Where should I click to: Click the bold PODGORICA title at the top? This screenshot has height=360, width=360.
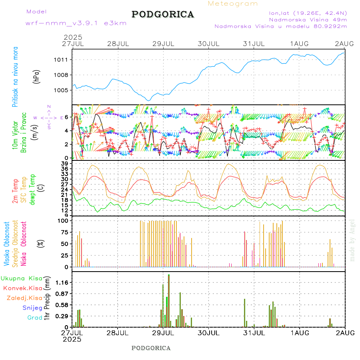[163, 14]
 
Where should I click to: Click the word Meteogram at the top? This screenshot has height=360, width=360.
[233, 4]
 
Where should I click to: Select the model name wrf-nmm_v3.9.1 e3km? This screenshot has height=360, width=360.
[76, 23]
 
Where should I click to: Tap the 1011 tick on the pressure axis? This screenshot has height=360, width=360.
[64, 60]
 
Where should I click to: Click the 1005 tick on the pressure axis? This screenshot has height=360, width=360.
[64, 90]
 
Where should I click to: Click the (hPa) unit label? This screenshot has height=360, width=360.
[36, 76]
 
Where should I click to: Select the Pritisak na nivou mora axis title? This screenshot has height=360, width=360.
[15, 76]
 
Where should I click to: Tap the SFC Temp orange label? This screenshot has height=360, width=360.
[23, 189]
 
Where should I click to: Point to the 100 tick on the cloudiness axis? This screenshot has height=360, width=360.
[64, 220]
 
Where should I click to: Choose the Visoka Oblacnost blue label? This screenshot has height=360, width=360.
[7, 243]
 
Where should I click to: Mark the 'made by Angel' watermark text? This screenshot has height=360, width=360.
[352, 240]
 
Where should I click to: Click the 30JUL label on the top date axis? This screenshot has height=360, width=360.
[208, 43]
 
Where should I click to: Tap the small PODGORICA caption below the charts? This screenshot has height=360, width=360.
[151, 348]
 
